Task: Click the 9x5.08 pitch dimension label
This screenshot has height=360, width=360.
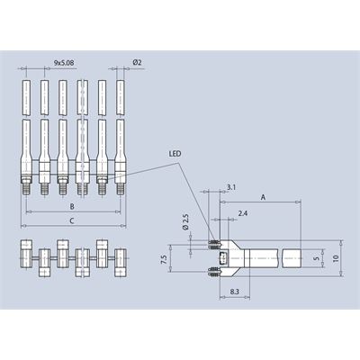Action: click(x=64, y=63)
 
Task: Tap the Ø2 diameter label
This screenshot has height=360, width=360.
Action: click(x=137, y=62)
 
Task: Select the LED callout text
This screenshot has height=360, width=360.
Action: click(x=175, y=154)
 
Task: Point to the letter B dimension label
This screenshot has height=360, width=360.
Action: click(x=72, y=206)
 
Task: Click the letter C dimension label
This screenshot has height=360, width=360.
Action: click(x=72, y=221)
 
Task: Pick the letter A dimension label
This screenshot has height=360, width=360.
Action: click(x=264, y=197)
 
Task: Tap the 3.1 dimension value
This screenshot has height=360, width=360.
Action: click(x=231, y=187)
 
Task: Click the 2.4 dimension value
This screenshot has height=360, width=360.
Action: click(x=242, y=213)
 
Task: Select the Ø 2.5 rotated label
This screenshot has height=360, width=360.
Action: click(x=185, y=222)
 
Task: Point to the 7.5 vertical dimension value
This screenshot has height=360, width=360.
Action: click(x=164, y=259)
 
